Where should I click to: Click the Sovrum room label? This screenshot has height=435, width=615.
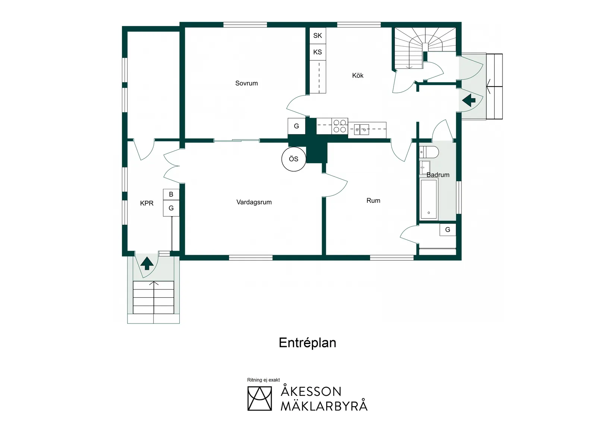[246, 83]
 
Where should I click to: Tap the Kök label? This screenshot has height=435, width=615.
[357, 75]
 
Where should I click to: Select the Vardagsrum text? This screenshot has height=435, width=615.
[254, 202]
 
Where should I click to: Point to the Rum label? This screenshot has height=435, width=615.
[373, 200]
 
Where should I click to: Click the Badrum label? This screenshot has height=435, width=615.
[438, 175]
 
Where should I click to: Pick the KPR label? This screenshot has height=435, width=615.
[146, 203]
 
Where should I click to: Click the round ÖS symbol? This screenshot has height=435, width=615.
[294, 159]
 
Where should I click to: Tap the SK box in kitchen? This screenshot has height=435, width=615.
[318, 35]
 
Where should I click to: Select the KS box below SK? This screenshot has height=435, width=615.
[318, 52]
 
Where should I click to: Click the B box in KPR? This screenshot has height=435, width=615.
[171, 194]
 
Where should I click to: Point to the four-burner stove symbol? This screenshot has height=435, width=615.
[340, 126]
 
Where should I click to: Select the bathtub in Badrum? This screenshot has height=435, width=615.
[429, 199]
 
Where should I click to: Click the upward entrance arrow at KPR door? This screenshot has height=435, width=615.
[147, 263]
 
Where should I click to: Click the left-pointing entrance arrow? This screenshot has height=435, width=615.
[469, 100]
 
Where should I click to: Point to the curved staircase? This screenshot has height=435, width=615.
[425, 45]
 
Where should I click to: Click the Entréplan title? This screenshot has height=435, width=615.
[307, 343]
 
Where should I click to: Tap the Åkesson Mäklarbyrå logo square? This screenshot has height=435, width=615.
[259, 398]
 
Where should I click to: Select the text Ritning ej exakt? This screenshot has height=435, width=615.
[263, 380]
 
